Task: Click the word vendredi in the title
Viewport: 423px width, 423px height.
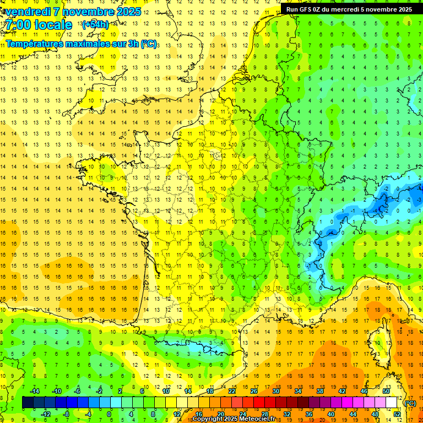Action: pos(28,11)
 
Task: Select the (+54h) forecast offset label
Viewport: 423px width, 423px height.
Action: pos(95,25)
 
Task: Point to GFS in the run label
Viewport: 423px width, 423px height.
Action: pos(306,9)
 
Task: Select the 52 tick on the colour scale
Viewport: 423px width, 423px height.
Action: pos(397,414)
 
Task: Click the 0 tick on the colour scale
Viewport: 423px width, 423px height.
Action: pos(109,414)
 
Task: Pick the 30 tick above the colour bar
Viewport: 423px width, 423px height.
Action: pos(276,391)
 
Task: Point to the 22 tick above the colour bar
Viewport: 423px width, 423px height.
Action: pos(232,391)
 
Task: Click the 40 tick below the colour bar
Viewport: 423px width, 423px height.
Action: pos(330,414)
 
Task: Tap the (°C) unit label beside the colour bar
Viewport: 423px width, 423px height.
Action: pos(410,403)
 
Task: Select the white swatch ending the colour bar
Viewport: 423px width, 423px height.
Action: pos(391,403)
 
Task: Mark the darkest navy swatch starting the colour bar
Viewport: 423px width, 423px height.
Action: pos(28,403)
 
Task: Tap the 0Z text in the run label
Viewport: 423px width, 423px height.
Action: pos(318,9)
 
